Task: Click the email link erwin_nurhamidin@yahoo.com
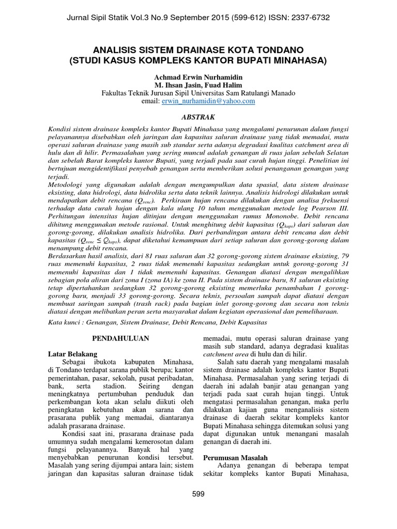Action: [208, 101]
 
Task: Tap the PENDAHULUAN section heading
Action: [120, 338]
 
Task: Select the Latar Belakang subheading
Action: [72, 354]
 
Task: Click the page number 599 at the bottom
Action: [198, 494]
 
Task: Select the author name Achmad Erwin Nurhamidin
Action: [198, 76]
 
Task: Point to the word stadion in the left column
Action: [112, 386]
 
